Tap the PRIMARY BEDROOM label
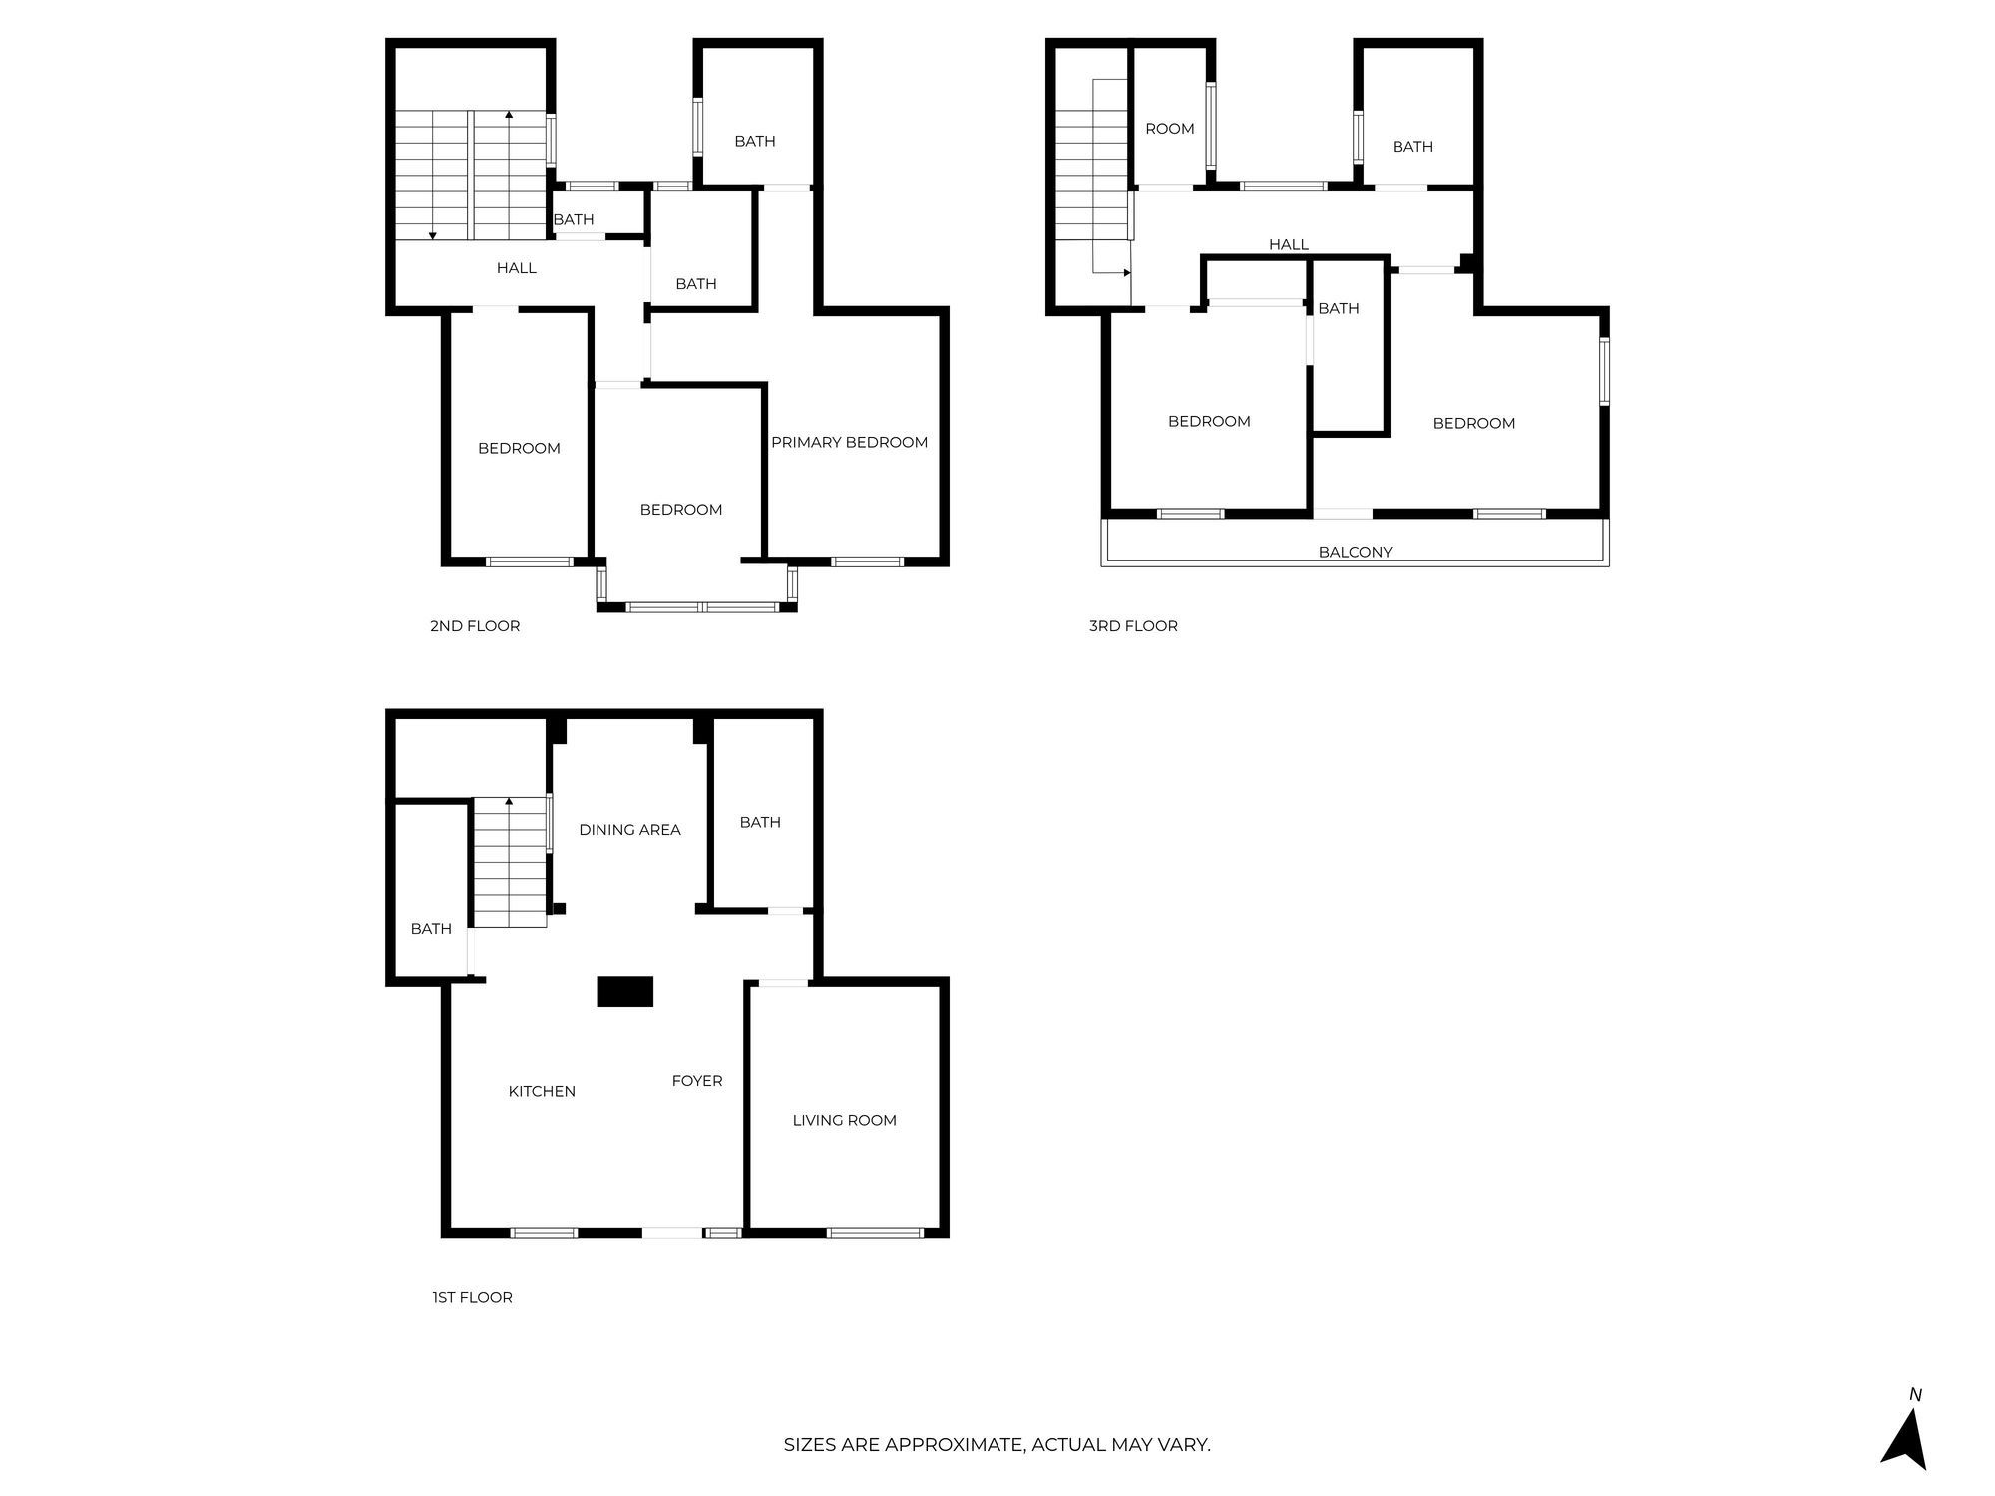pos(849,442)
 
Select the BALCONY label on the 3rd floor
pos(1355,552)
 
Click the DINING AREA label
pos(629,829)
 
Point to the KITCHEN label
pos(542,1091)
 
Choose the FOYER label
pos(696,1080)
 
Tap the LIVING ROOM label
pos(844,1120)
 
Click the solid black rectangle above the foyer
pos(624,991)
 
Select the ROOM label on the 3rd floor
pos(1169,129)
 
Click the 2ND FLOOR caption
pos(475,626)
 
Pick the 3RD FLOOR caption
pos(1133,626)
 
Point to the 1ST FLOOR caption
pos(472,1297)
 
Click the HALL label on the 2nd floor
pos(516,268)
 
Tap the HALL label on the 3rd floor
pos(1288,244)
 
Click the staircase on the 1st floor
pos(510,863)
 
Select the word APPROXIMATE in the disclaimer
pos(955,1444)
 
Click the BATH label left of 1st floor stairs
pos(431,929)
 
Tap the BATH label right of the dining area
pos(759,822)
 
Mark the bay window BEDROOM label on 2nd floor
pos(680,510)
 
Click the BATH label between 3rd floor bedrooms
pos(1338,308)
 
